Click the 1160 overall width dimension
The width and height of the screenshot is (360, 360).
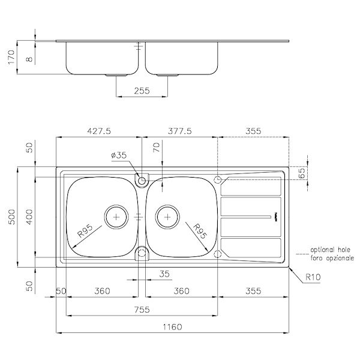[172, 327]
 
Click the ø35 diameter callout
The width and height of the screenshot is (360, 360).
[119, 155]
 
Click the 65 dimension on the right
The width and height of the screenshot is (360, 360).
[302, 173]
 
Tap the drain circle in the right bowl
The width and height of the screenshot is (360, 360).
[167, 216]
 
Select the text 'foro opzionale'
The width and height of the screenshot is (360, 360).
[332, 257]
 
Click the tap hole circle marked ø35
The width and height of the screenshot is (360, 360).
[142, 180]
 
